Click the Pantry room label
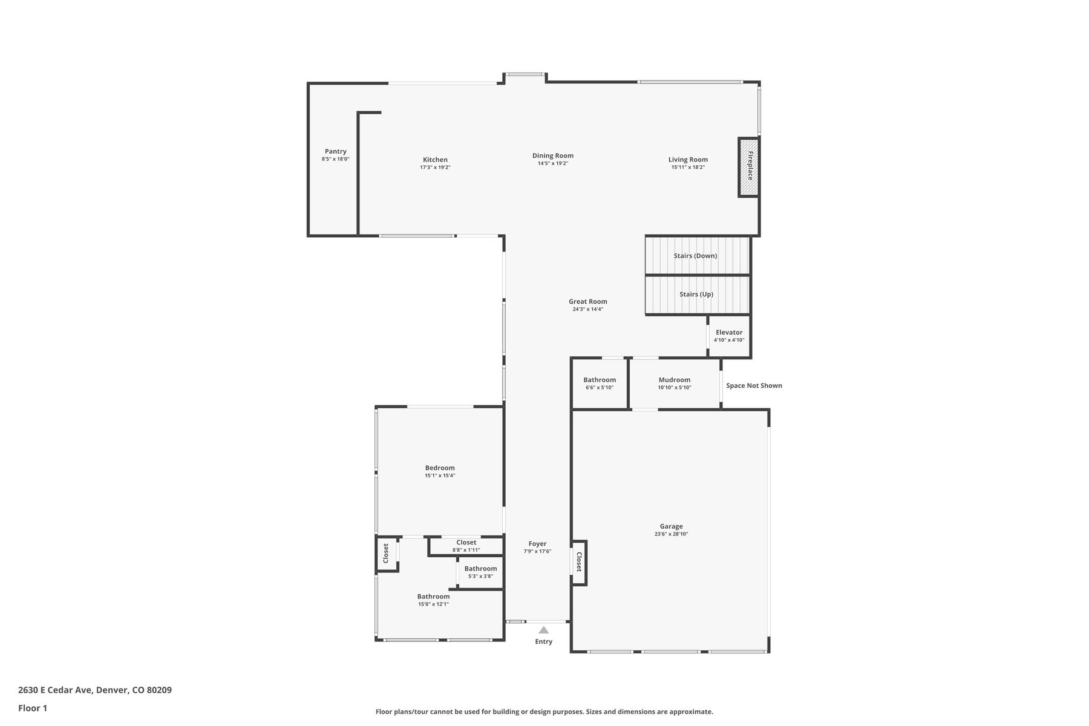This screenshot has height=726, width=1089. click(x=336, y=151)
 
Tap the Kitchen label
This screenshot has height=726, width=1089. click(x=435, y=160)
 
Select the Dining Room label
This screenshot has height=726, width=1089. click(x=553, y=155)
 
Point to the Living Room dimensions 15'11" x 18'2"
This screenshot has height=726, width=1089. click(x=688, y=167)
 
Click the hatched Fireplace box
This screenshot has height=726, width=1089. click(x=748, y=166)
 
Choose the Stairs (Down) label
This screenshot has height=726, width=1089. click(x=695, y=255)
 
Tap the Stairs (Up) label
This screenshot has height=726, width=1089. click(x=696, y=294)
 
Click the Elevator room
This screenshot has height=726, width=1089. click(x=729, y=336)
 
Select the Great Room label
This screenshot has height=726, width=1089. click(x=588, y=301)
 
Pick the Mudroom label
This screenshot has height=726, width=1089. click(x=675, y=380)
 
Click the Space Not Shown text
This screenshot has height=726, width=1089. click(x=754, y=385)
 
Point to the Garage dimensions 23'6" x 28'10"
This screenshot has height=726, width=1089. click(x=672, y=534)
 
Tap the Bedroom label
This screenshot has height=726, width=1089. click(x=440, y=468)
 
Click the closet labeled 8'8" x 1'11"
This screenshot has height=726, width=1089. click(x=466, y=546)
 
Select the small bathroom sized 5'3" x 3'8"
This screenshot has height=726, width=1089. click(x=480, y=572)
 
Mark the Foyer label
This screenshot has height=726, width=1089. click(x=537, y=544)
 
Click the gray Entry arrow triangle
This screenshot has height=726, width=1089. click(x=544, y=630)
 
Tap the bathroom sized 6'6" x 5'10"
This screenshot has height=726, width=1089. click(x=600, y=384)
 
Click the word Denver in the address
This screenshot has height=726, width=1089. click(x=112, y=690)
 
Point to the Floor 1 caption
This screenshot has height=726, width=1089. click(x=33, y=708)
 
